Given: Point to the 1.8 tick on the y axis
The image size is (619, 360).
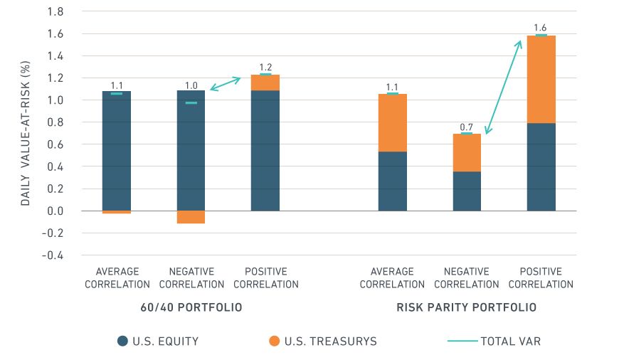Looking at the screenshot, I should (x=55, y=12).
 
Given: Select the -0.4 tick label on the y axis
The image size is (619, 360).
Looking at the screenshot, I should (x=53, y=255).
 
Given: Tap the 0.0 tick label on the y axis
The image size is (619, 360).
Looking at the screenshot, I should (x=55, y=211).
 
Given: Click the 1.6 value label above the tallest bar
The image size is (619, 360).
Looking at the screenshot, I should (x=541, y=28).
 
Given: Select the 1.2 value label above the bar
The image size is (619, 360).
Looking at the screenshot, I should (x=265, y=68).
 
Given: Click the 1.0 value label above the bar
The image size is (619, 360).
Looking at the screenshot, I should (x=191, y=85).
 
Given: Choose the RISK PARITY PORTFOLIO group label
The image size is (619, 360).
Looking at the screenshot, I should (x=466, y=307).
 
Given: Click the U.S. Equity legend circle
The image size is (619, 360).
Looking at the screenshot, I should (x=122, y=342).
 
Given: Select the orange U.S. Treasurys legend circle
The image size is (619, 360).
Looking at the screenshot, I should (x=274, y=342).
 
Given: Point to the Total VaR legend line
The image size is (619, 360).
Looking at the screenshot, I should (x=462, y=342).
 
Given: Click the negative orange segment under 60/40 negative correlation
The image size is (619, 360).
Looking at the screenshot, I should (x=191, y=217).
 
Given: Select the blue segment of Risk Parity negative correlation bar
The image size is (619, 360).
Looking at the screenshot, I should (x=467, y=191).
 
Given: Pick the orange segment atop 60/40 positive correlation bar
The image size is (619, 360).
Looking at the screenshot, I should (x=265, y=83).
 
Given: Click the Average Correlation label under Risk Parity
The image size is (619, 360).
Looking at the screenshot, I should (x=392, y=278).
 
